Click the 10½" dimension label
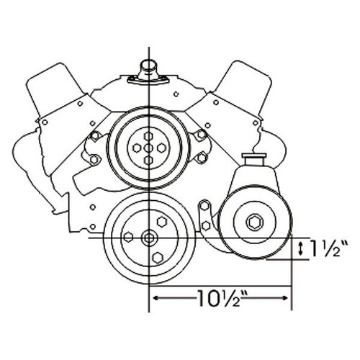pyautogui.click(x=219, y=296)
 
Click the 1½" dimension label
pyautogui.click(x=326, y=248)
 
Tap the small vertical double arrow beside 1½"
pyautogui.click(x=300, y=249)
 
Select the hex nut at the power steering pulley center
pyautogui.click(x=256, y=221)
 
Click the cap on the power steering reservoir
pyautogui.click(x=253, y=156)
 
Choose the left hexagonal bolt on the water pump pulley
pyautogui.click(x=135, y=148)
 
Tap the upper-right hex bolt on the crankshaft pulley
pyautogui.click(x=161, y=218)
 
